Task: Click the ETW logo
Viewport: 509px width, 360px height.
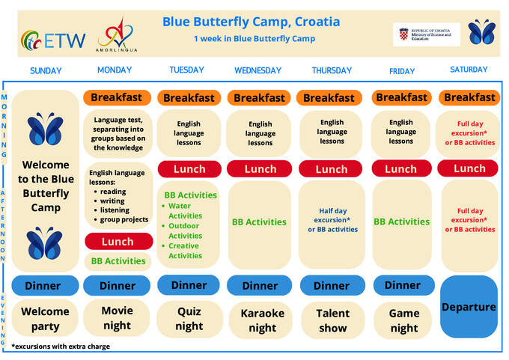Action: click(53, 40)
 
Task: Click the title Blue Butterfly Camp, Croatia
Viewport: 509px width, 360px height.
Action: click(251, 22)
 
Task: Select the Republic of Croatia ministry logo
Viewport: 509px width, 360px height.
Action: click(426, 34)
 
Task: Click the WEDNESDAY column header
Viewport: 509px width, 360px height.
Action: click(257, 71)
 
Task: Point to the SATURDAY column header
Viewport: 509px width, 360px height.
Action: click(469, 70)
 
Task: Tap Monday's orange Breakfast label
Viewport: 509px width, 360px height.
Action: click(118, 97)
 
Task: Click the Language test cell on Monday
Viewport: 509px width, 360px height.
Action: click(119, 133)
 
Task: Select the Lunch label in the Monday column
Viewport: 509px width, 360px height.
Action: click(118, 241)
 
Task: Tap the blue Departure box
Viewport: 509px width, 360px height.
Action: click(469, 307)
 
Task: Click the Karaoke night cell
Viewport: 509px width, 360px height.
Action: click(262, 320)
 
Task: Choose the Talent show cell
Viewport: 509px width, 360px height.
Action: click(332, 320)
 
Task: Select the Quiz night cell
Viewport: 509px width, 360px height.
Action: click(189, 319)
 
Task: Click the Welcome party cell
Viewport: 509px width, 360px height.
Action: click(45, 319)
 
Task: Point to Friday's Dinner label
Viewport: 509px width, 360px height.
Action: click(403, 285)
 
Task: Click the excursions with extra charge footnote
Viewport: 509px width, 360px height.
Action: click(61, 347)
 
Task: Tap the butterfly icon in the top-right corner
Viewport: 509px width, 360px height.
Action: click(481, 32)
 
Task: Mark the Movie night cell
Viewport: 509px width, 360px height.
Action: click(118, 317)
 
